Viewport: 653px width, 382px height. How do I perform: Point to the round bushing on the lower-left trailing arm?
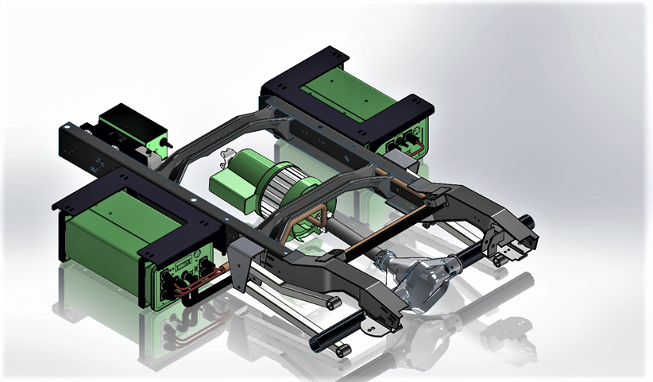[x=329, y=305]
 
